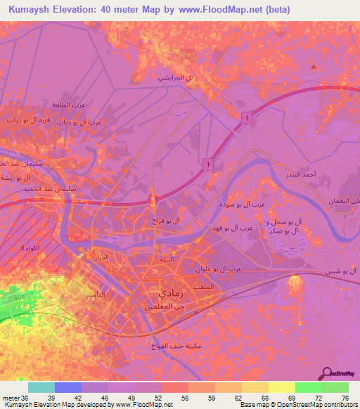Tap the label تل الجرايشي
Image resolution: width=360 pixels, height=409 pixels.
176,77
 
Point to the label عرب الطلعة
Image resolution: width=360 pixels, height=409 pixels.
69,105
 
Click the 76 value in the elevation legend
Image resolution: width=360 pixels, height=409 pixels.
345,398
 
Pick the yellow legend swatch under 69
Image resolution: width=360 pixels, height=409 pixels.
281,387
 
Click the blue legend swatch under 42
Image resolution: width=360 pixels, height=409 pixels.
68,387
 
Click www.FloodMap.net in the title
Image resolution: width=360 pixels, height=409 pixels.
218,10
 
